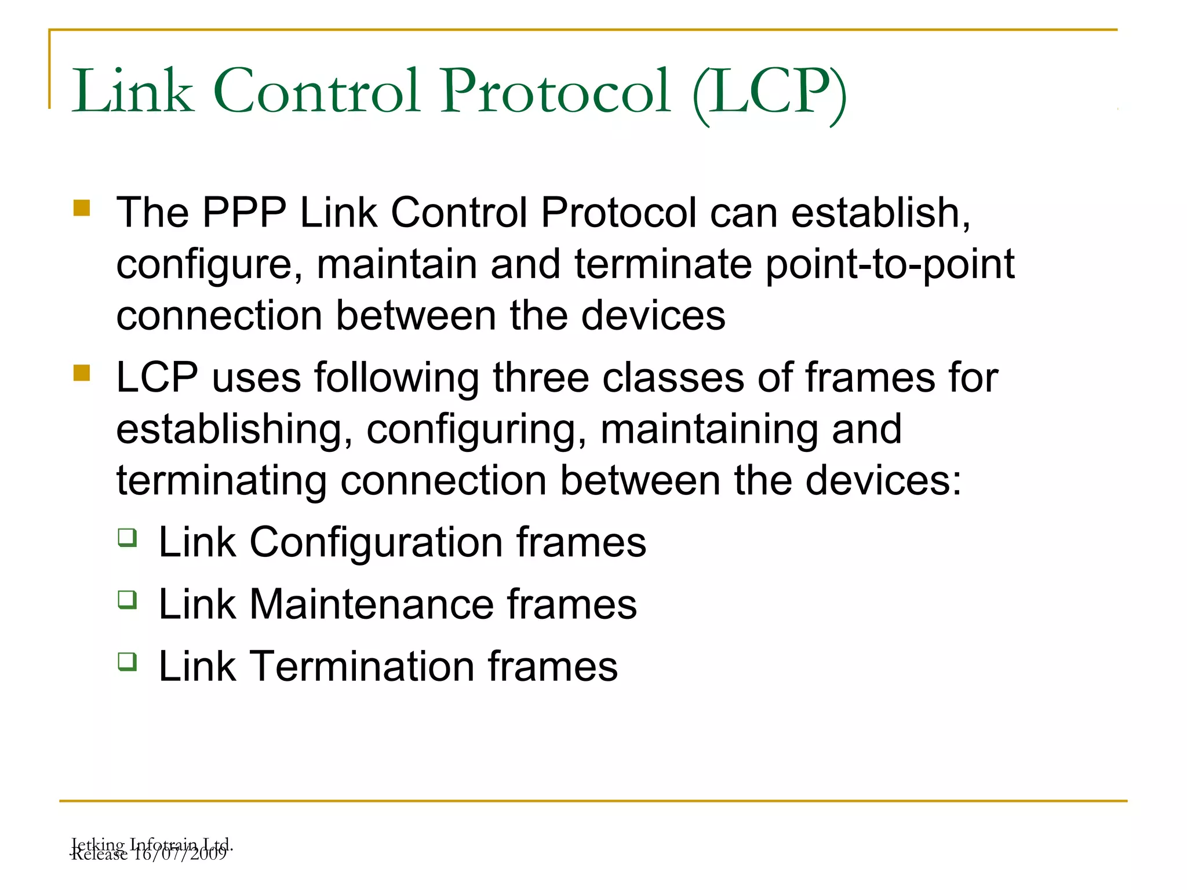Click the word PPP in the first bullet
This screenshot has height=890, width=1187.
[244, 213]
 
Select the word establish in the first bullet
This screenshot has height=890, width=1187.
[880, 213]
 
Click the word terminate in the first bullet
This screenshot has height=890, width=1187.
[663, 264]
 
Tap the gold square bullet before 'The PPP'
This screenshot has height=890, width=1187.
[82, 208]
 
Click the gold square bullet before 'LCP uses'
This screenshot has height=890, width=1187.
[82, 373]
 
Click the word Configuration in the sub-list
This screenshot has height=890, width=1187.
[376, 543]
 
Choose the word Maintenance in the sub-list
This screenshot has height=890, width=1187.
[372, 605]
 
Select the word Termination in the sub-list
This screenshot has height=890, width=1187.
[362, 667]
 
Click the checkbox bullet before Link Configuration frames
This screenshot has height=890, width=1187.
[128, 538]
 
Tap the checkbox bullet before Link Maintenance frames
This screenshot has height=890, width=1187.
[128, 599]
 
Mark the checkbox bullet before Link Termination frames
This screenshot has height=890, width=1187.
[128, 661]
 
